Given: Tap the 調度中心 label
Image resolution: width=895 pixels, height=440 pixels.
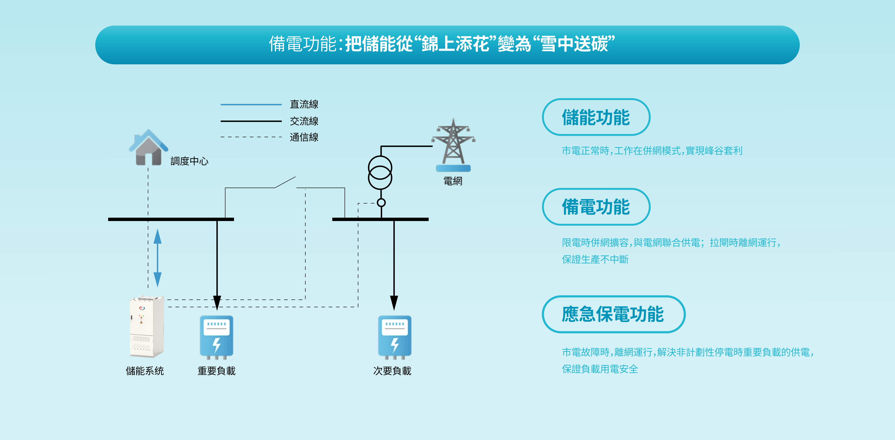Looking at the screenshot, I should coord(189,161).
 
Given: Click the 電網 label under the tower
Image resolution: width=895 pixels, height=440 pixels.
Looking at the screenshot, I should coord(453,181).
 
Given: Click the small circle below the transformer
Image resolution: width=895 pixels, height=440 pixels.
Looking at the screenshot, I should coord(381,202).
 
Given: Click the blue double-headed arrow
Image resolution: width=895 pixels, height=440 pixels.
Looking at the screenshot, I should coord(157,258).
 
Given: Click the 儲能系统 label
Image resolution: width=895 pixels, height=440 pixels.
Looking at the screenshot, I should coord(145,371).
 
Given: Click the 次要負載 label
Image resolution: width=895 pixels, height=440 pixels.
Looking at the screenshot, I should coord(392,371).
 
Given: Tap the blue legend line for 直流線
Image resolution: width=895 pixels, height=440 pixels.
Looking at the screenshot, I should coord(251,104).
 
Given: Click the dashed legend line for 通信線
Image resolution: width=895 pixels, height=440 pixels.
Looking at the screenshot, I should coord(251,137).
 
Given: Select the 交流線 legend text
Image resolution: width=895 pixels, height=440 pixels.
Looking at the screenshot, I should coord(304,121).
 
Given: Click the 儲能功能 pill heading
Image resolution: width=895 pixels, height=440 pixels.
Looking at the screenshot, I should coord(596,117).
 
